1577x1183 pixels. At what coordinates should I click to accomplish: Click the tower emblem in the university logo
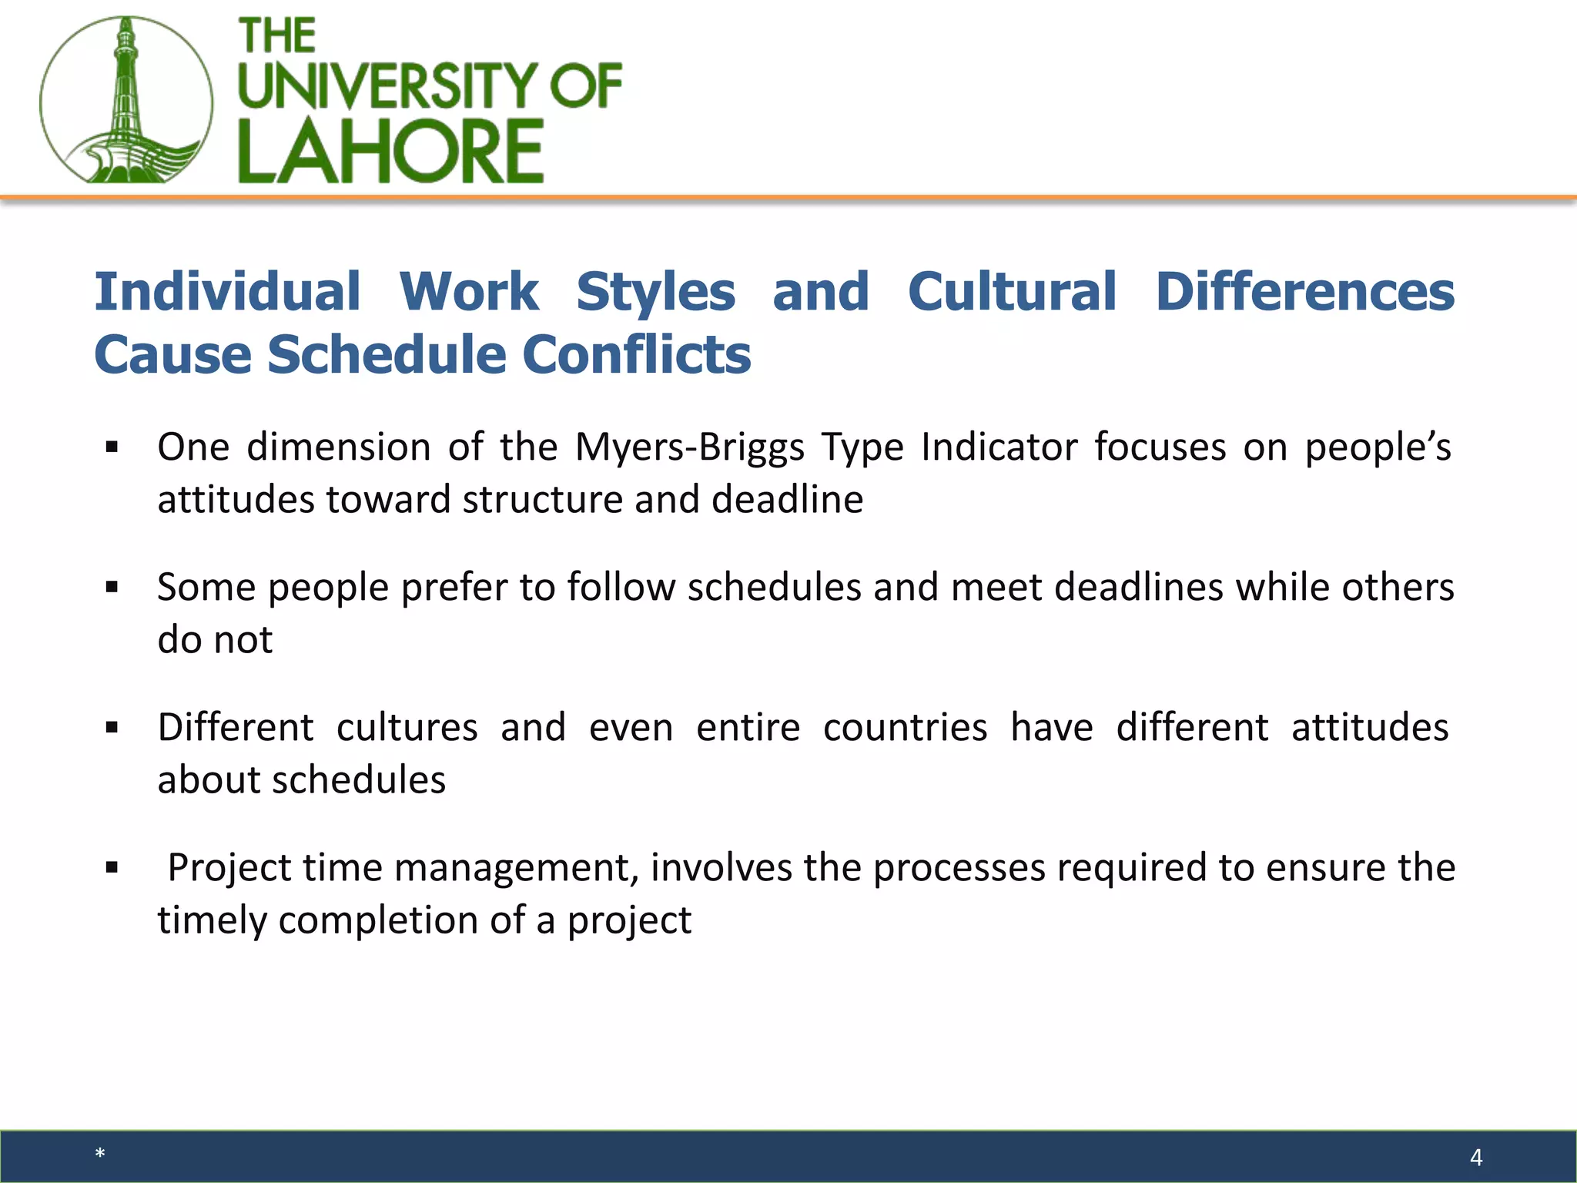pyautogui.click(x=126, y=101)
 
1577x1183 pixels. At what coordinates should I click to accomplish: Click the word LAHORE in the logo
pyautogui.click(x=390, y=152)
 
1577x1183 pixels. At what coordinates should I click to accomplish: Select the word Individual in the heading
pyautogui.click(x=227, y=292)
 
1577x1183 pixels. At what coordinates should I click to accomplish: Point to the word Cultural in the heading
pyautogui.click(x=1012, y=292)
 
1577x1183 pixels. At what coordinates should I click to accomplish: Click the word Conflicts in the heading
pyautogui.click(x=636, y=355)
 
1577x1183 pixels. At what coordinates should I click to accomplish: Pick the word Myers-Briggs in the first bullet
pyautogui.click(x=689, y=447)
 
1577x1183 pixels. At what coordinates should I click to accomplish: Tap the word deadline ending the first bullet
pyautogui.click(x=787, y=500)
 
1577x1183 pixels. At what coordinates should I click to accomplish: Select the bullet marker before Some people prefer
pyautogui.click(x=112, y=588)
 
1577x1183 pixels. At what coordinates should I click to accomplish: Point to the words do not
pyautogui.click(x=215, y=640)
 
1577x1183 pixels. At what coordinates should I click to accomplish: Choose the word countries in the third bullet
pyautogui.click(x=905, y=728)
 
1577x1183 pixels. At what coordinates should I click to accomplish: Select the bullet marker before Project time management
pyautogui.click(x=112, y=868)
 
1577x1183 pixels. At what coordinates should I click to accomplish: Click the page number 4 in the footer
pyautogui.click(x=1476, y=1158)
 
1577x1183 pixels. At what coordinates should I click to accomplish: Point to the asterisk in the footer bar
pyautogui.click(x=100, y=1154)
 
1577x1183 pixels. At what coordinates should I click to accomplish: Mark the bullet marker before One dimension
pyautogui.click(x=112, y=447)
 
